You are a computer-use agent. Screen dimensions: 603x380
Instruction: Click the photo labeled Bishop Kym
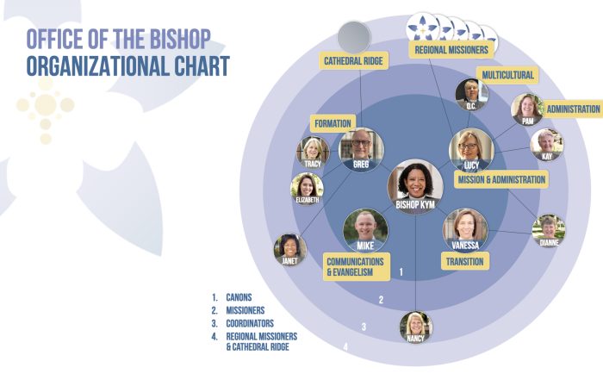click(x=415, y=186)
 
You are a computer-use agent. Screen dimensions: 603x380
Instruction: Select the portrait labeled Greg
click(x=361, y=150)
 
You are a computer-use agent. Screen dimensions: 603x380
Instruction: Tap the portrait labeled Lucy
click(x=471, y=151)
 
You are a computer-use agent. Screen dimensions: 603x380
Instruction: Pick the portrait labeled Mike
click(x=365, y=231)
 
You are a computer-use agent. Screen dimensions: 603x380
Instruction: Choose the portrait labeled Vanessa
click(x=465, y=230)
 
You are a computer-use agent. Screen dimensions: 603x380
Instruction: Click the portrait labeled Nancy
click(x=416, y=327)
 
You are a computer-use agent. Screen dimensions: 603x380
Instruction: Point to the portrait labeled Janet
click(x=290, y=250)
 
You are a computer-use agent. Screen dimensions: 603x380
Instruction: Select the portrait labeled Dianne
click(x=549, y=231)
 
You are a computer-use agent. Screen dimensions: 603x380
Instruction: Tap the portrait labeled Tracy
click(x=313, y=153)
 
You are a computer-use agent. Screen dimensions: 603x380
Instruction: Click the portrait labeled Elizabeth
click(x=307, y=189)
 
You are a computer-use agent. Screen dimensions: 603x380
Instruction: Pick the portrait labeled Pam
click(x=527, y=109)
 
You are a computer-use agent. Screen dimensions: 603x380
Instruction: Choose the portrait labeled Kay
click(x=547, y=145)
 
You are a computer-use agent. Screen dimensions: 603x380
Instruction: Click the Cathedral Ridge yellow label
click(x=353, y=61)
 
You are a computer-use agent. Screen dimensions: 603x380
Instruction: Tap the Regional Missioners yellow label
click(x=451, y=50)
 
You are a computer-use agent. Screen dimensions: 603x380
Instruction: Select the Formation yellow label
click(x=333, y=123)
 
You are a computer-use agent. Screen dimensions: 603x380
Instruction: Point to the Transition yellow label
click(x=465, y=262)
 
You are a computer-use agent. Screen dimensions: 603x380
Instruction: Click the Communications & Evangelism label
click(x=356, y=266)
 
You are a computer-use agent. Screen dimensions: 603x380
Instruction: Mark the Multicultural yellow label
click(x=507, y=75)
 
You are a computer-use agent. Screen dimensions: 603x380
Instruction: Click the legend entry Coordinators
click(x=250, y=323)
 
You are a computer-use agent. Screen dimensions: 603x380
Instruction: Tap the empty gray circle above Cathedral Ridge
click(x=354, y=37)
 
